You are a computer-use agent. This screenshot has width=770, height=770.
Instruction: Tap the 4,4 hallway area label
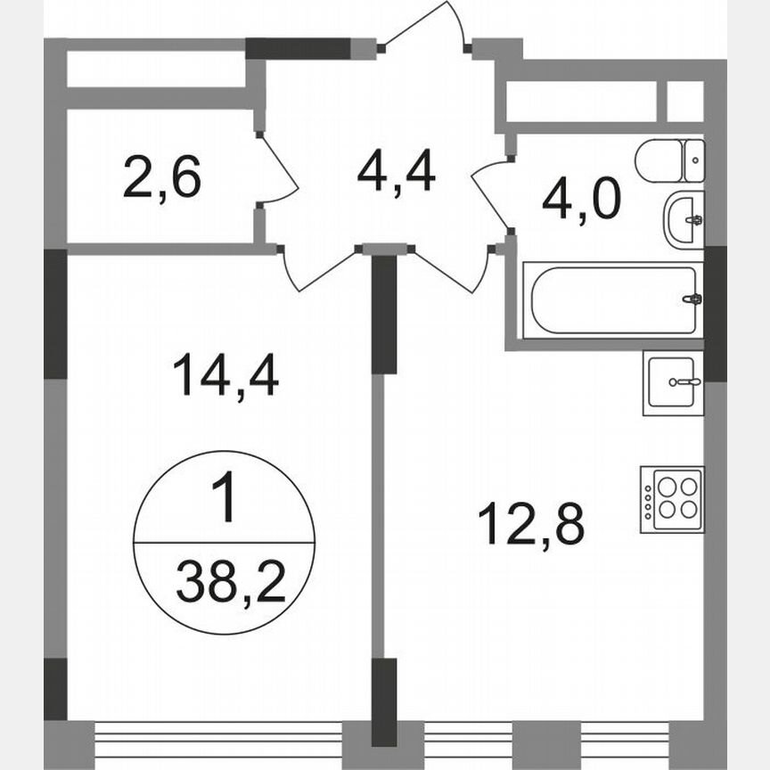pyautogui.click(x=396, y=170)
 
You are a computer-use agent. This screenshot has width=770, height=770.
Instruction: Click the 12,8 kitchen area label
pyautogui.click(x=531, y=522)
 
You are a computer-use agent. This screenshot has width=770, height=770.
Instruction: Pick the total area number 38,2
pyautogui.click(x=230, y=584)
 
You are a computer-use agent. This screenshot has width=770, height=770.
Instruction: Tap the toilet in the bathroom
pyautogui.click(x=669, y=160)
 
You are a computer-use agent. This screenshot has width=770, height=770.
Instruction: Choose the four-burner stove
pyautogui.click(x=672, y=499)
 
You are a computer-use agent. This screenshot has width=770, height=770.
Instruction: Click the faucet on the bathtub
pyautogui.click(x=691, y=299)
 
